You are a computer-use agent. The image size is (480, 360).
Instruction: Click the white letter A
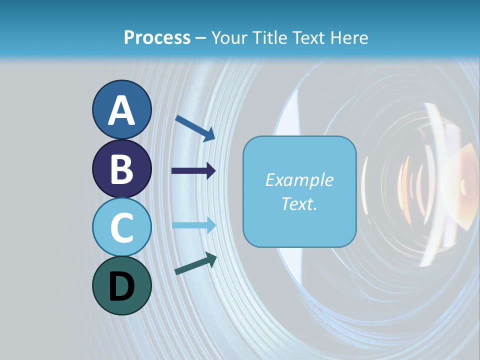[x=122, y=110]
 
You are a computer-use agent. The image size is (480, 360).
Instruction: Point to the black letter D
[x=122, y=286]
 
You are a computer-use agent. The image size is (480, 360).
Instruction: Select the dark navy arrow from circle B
[x=193, y=171]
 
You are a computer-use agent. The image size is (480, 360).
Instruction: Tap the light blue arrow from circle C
[x=193, y=225]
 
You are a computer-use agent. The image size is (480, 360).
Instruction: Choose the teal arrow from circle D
[x=195, y=263]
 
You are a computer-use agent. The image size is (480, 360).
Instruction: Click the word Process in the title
[x=157, y=38]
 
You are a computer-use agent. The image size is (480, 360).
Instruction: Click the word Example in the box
[x=299, y=180]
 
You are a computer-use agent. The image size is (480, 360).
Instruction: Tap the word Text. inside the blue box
[x=299, y=203]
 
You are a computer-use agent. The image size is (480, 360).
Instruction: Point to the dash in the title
[x=201, y=38]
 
